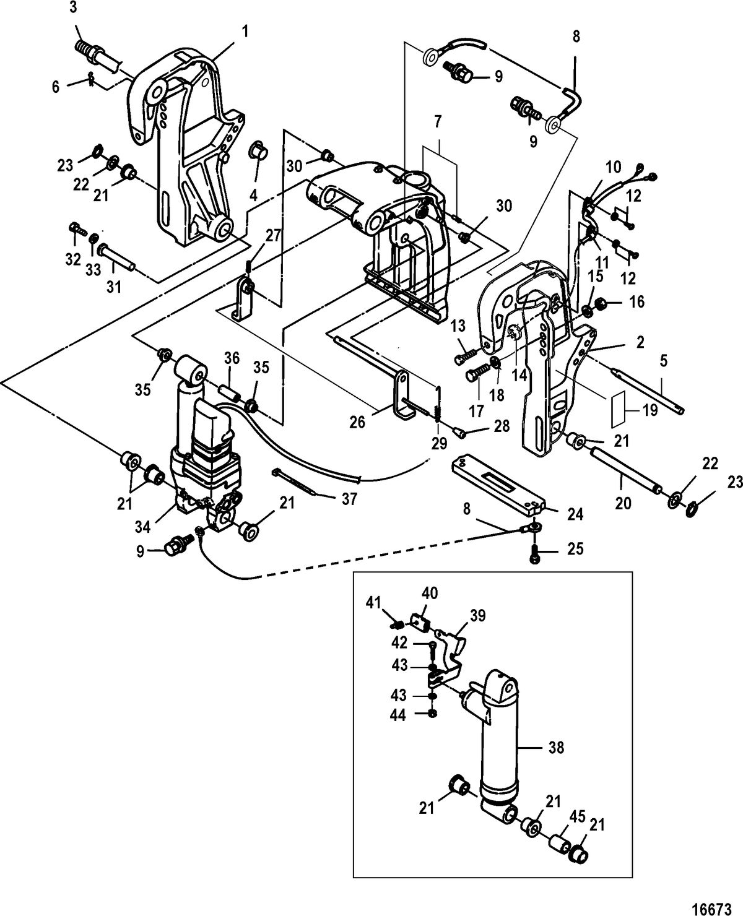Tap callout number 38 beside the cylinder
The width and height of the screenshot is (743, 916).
(x=556, y=748)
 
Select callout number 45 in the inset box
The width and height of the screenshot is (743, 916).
(x=577, y=816)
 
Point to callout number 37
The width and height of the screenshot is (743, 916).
(x=349, y=499)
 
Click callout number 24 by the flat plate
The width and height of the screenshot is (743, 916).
(x=575, y=513)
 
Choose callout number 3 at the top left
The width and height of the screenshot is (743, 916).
(x=74, y=8)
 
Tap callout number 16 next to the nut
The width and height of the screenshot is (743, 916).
(x=637, y=302)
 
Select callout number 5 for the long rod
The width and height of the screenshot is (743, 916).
(x=664, y=361)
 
